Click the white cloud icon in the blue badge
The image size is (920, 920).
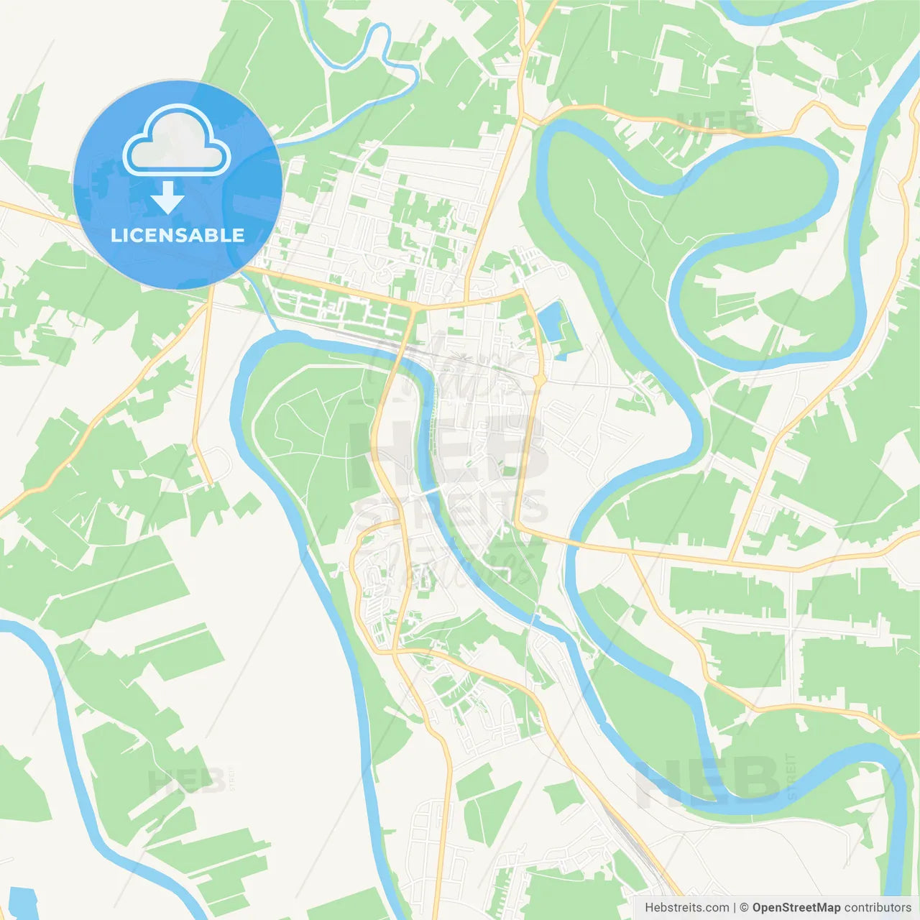[x=177, y=140]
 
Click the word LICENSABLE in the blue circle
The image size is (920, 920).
[x=178, y=236]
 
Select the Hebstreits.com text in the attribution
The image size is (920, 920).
[x=686, y=908]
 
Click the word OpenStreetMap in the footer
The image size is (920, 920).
[x=796, y=908]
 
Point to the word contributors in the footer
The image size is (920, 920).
[x=878, y=908]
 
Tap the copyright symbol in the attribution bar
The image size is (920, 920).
[x=745, y=908]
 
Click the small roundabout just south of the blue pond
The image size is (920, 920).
[x=539, y=379]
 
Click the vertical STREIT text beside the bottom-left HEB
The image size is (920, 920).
[x=231, y=779]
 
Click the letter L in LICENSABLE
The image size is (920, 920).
[x=115, y=236]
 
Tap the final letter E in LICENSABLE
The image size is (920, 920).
[x=239, y=236]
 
